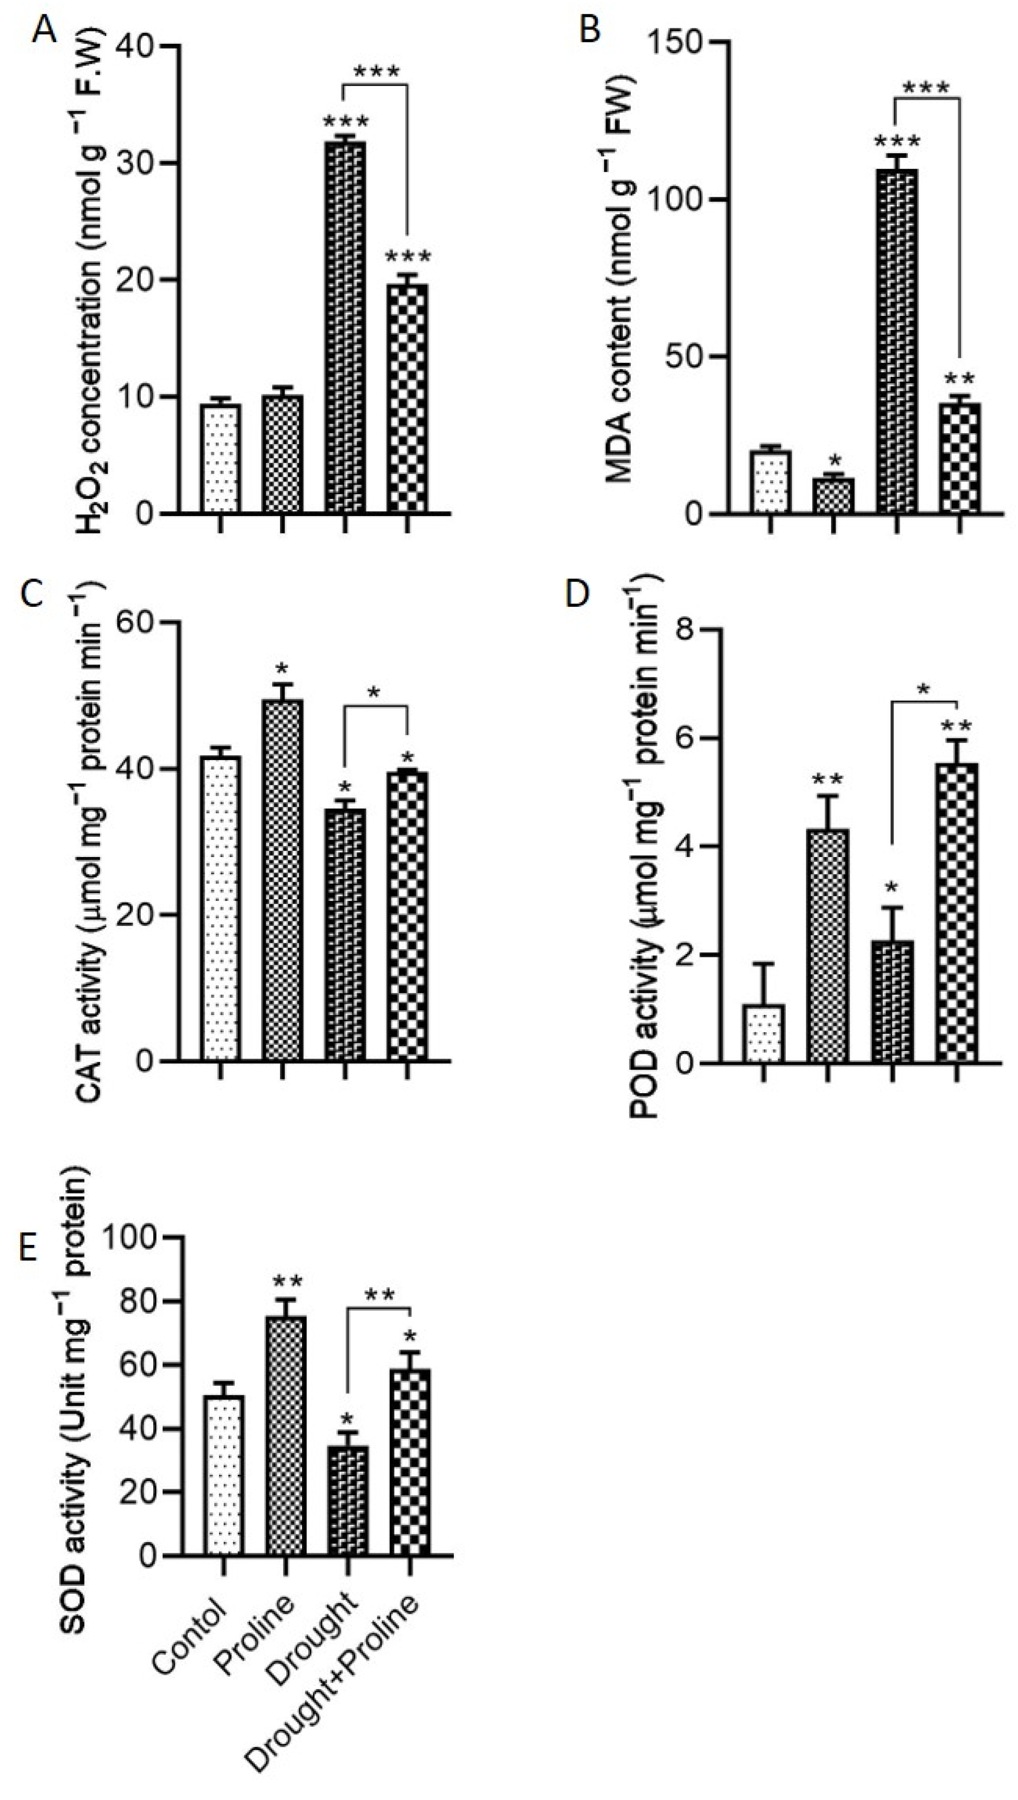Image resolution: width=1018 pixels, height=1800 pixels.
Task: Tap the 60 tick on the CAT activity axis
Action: tap(149, 623)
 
